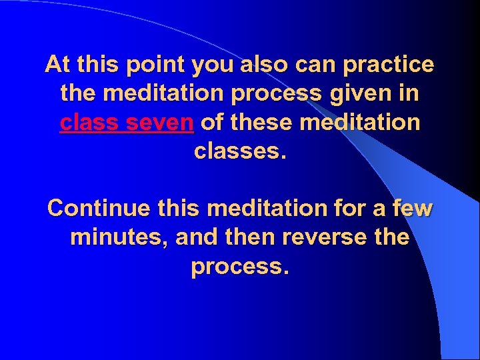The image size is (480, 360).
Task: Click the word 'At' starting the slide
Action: point(58,65)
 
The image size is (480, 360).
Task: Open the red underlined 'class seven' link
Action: point(127,123)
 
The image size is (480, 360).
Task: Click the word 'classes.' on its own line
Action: point(240,151)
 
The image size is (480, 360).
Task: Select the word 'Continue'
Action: point(91,209)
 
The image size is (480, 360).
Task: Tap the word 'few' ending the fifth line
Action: point(413,209)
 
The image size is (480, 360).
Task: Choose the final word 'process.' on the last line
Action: point(240,266)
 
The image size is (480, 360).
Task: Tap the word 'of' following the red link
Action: point(211,123)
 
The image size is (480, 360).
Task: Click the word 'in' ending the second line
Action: point(410,94)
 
